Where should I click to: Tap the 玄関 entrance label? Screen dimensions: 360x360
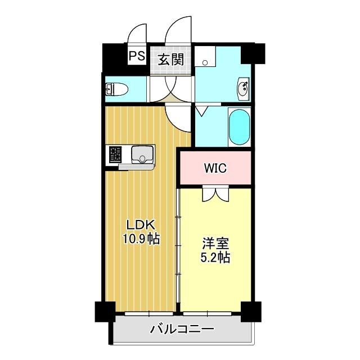pyautogui.click(x=170, y=58)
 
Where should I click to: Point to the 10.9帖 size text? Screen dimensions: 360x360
pyautogui.click(x=141, y=239)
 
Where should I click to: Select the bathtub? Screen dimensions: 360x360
pyautogui.click(x=239, y=127)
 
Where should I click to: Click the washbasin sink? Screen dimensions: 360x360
pyautogui.click(x=245, y=88)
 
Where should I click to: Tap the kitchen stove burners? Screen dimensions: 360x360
pyautogui.click(x=115, y=154)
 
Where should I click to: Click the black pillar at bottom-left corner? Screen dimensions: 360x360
pyautogui.click(x=103, y=312)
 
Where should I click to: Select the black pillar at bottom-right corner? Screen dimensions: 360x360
pyautogui.click(x=251, y=312)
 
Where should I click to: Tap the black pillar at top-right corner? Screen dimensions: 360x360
pyautogui.click(x=253, y=53)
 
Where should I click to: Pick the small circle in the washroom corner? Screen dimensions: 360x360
pyautogui.click(x=205, y=62)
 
